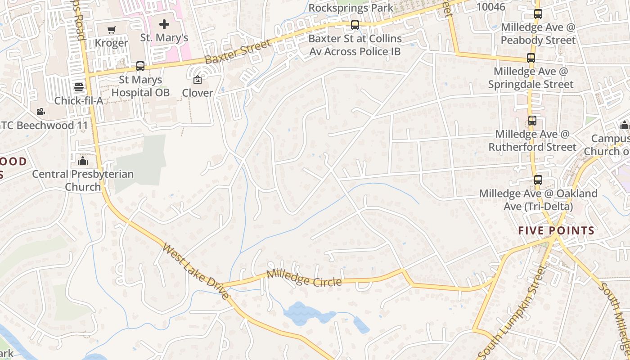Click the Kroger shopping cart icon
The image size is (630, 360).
(x=111, y=30)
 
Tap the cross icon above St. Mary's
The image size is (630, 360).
(x=164, y=24)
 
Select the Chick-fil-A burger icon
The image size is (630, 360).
(x=79, y=87)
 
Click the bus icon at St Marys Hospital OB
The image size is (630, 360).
(x=140, y=66)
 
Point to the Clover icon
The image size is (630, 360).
(x=197, y=80)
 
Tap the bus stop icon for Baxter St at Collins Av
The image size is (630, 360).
(x=355, y=25)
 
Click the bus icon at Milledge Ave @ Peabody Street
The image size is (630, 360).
(x=538, y=14)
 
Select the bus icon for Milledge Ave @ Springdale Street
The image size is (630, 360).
(x=531, y=58)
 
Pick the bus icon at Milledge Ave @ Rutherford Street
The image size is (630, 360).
(x=532, y=121)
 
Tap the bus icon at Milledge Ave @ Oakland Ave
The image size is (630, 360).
(x=538, y=180)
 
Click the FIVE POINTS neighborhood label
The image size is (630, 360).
(x=556, y=231)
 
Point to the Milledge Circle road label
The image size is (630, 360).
(x=304, y=279)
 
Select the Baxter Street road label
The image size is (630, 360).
(x=238, y=52)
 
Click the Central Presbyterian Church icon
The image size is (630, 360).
(x=83, y=161)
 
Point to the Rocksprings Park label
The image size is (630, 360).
(x=351, y=8)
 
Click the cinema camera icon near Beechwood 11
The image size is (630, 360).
(x=41, y=112)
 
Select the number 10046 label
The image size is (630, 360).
(x=491, y=7)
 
